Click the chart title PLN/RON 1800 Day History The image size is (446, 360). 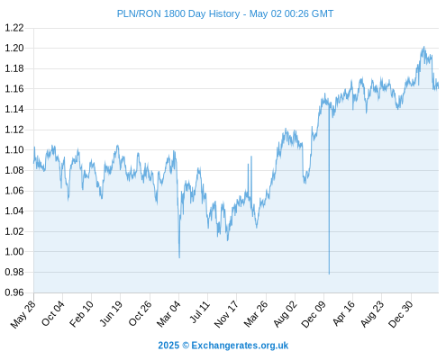[x=178, y=13]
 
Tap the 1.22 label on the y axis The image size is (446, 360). [x=14, y=28]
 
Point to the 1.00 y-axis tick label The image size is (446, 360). [x=14, y=251]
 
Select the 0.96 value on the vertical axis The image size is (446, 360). [x=14, y=292]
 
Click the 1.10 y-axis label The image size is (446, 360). [x=14, y=149]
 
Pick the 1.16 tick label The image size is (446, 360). [x=14, y=89]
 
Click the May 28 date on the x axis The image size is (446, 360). [x=23, y=314]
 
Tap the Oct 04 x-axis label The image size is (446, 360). [x=53, y=313]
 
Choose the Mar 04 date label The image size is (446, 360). [x=168, y=314]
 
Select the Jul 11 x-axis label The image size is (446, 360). [x=199, y=312]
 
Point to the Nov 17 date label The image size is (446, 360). [x=226, y=314]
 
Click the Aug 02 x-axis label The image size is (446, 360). [x=286, y=314]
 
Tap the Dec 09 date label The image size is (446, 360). [x=314, y=314]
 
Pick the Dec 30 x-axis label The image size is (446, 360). [x=401, y=314]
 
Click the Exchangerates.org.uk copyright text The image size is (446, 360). [x=223, y=346]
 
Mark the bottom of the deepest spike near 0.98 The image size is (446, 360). [x=329, y=274]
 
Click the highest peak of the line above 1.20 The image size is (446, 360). [x=423, y=47]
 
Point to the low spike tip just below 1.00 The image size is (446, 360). [x=179, y=257]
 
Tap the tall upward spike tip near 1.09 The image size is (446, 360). [x=251, y=157]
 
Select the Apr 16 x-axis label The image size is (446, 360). [x=344, y=313]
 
